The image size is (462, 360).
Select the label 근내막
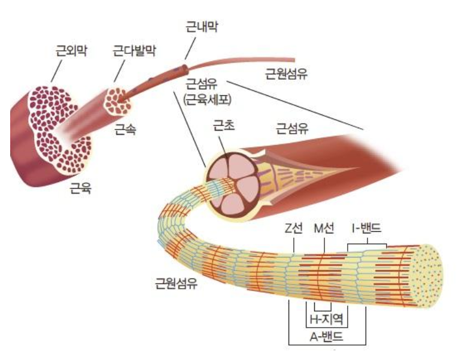tap(201, 26)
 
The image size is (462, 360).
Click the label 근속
tap(125, 128)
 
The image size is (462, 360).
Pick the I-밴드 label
tap(366, 228)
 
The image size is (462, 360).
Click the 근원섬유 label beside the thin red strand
tap(287, 74)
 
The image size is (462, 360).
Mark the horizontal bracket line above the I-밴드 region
tap(368, 243)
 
